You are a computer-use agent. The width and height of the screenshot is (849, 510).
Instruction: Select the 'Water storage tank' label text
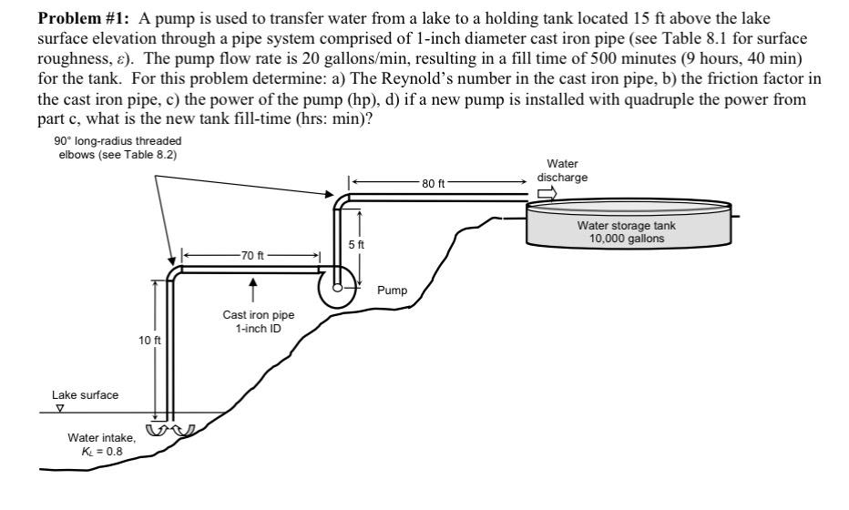(x=624, y=225)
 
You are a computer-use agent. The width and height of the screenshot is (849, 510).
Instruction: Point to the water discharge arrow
(x=547, y=193)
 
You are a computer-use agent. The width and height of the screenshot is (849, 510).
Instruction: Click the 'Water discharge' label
(x=559, y=172)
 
